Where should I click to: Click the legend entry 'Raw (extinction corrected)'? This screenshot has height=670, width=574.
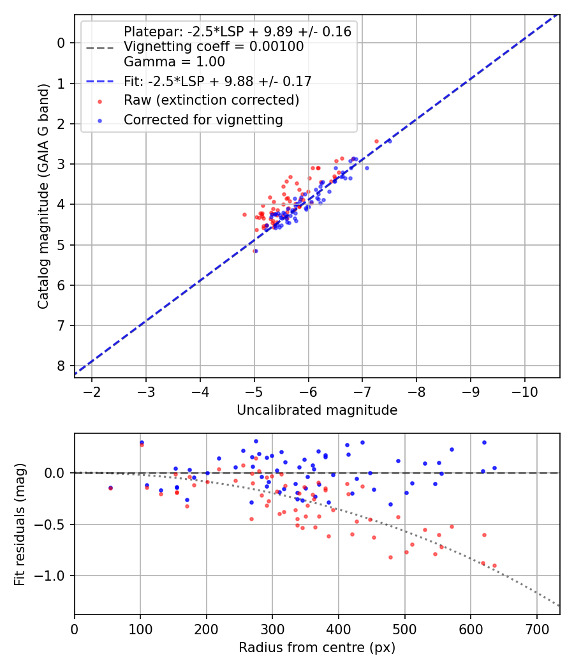pos(211,100)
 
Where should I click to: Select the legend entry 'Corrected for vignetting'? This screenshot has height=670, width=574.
pos(203,119)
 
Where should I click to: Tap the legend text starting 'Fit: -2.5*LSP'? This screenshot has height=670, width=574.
pos(217,81)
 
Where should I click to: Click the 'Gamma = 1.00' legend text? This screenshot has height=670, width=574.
pos(174,62)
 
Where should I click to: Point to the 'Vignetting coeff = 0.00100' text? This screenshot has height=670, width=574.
pos(214,47)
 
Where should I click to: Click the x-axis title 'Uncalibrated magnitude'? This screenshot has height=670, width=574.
pos(317,410)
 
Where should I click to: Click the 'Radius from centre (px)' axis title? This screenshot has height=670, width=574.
pos(317,648)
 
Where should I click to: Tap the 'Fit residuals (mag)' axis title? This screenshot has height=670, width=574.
pos(20,524)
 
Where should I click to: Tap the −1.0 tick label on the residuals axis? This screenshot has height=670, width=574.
pos(52,576)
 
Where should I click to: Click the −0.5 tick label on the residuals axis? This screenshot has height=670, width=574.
pos(52,525)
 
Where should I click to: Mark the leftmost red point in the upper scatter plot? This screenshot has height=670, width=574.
pos(244,214)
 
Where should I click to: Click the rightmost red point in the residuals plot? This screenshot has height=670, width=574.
pos(494,565)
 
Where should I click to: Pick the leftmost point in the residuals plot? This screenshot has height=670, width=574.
pos(110,488)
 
